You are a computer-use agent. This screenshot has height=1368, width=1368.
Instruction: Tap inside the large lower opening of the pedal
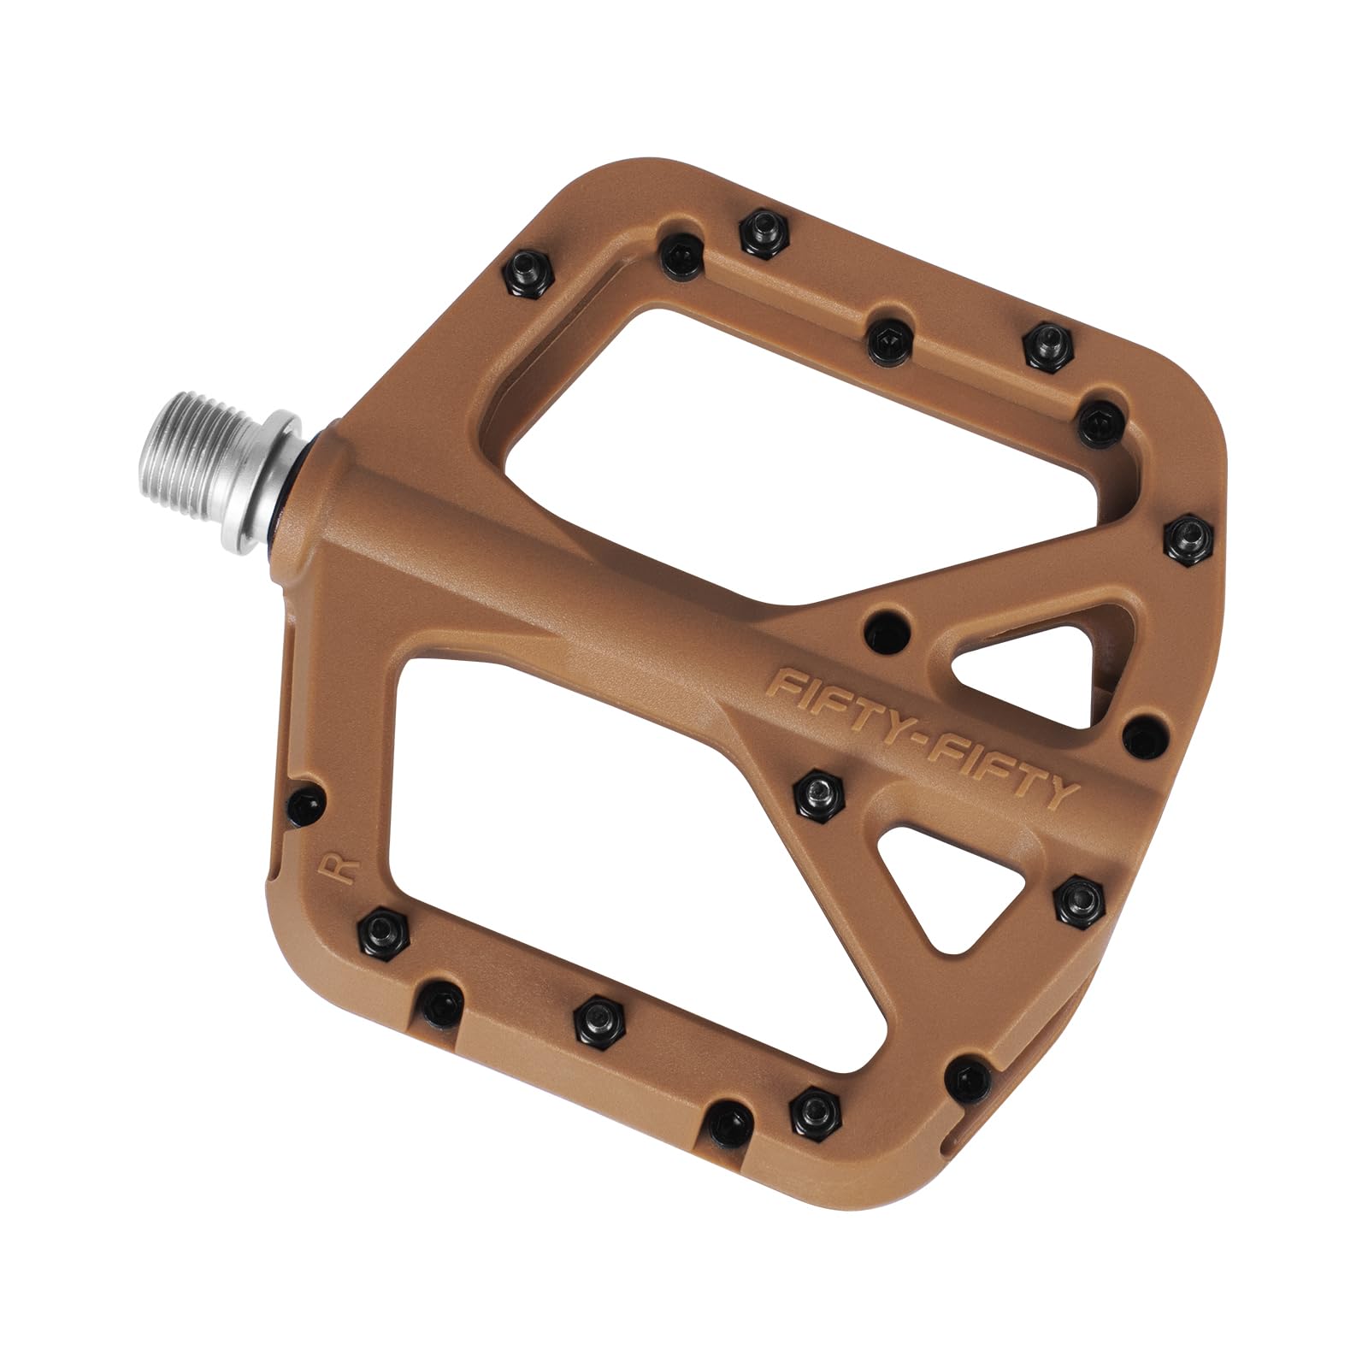point(581,821)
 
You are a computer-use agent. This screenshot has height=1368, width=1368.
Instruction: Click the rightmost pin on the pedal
point(1191,538)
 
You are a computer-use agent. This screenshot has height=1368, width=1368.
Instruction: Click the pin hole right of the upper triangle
point(1143,736)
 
